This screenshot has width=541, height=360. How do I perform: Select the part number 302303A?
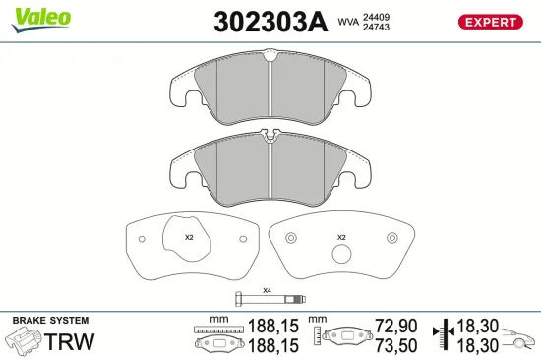click(269, 23)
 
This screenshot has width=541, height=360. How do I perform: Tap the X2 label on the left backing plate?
click(189, 237)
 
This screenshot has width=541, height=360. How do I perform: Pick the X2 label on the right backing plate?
click(341, 237)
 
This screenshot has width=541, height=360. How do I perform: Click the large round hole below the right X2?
click(341, 255)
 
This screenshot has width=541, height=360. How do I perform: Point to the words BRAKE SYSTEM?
click(50, 321)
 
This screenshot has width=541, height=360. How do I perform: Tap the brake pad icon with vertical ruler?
click(338, 337)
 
